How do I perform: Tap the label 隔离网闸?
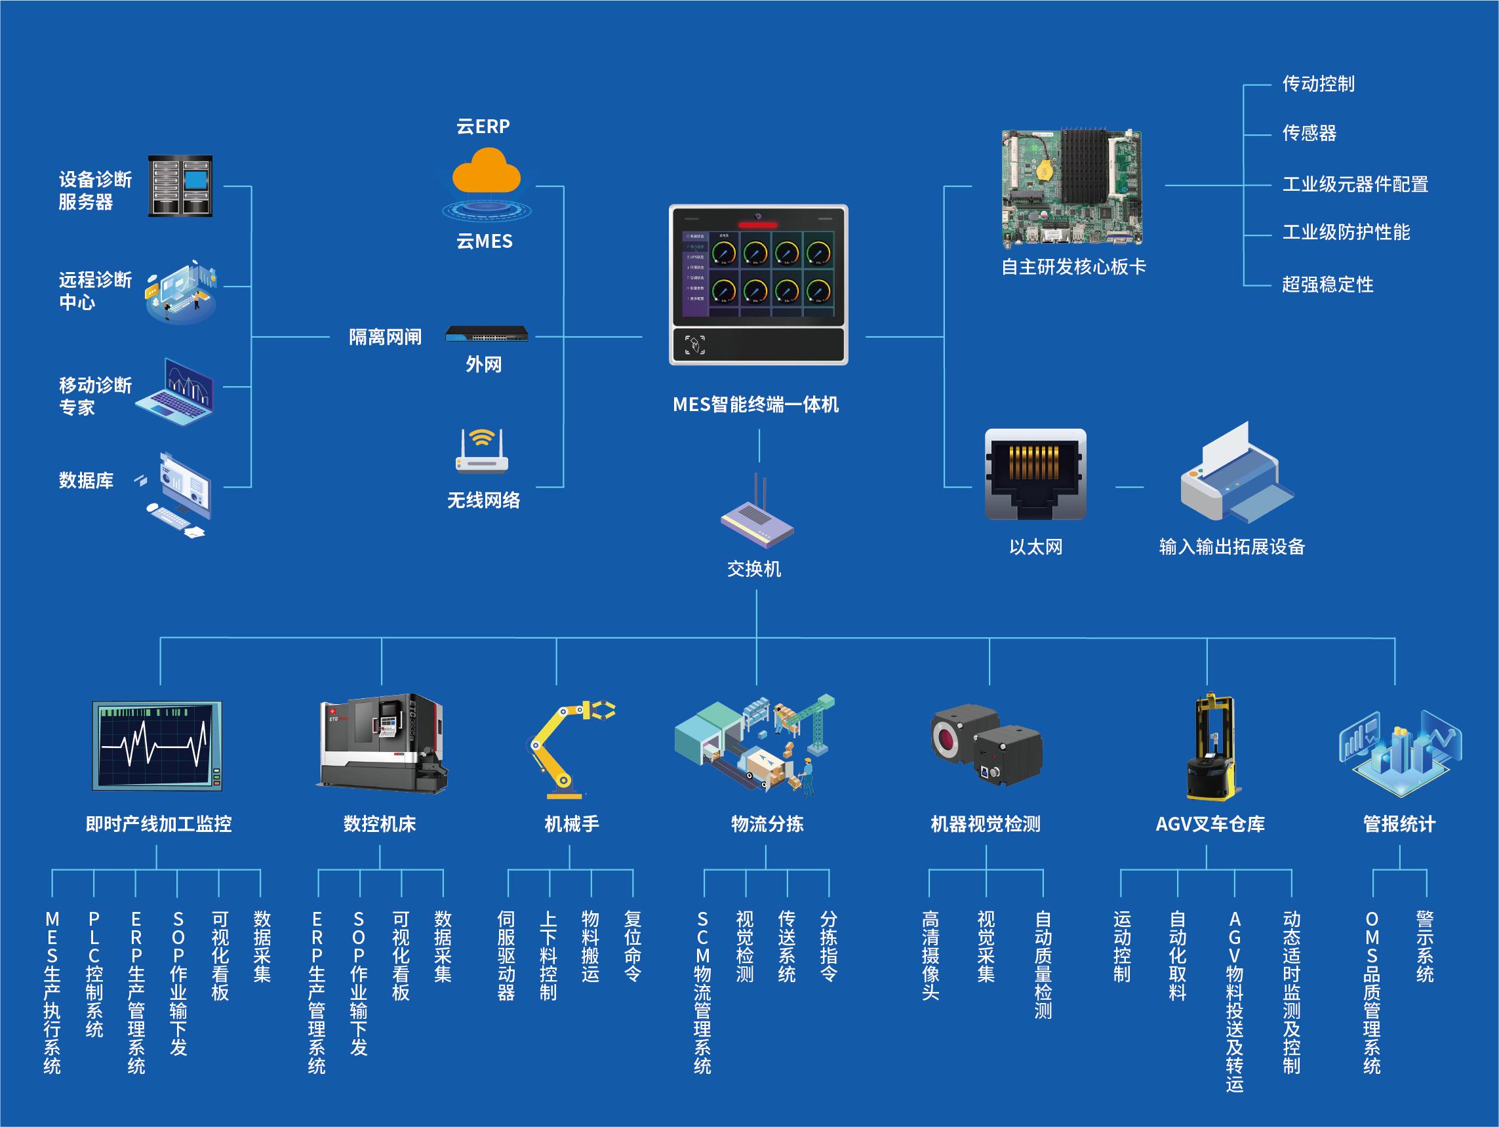click(385, 337)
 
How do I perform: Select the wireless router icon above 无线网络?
click(482, 450)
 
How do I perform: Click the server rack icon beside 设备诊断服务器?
click(180, 186)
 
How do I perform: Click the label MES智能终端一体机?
click(755, 405)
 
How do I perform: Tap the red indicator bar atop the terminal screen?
click(757, 225)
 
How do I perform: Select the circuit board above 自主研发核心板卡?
click(1072, 188)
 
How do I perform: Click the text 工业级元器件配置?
click(1355, 184)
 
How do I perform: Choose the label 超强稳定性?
click(1328, 285)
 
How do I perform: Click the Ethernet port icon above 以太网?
click(1035, 475)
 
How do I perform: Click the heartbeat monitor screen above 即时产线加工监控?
click(157, 745)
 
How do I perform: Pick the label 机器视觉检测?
click(986, 824)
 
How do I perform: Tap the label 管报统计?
click(1399, 824)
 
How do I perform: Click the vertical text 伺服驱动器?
click(506, 955)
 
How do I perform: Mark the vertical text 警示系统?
click(1425, 947)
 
